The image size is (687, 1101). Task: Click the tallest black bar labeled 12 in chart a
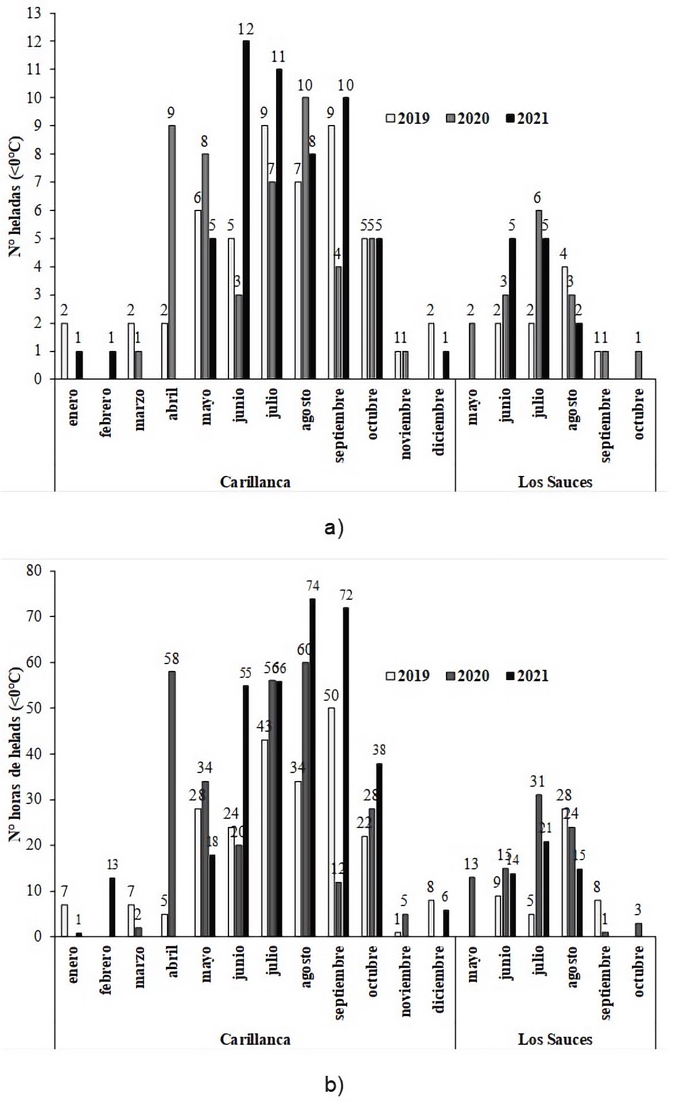coord(246,209)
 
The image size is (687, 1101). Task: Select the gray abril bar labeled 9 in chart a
coord(172,252)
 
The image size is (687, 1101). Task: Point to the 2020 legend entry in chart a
coord(467,119)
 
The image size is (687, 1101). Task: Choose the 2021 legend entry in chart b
coord(527,676)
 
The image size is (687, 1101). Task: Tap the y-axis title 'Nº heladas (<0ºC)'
coord(15,196)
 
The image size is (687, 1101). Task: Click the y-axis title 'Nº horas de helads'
coord(15,755)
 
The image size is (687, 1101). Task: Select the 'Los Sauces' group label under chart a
coord(554,482)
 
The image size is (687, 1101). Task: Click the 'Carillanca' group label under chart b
coord(255,1039)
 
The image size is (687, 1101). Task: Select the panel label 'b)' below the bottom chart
coord(333,1084)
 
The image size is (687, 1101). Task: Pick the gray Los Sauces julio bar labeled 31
coord(539,865)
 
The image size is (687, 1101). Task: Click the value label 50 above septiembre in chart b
coord(331,696)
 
